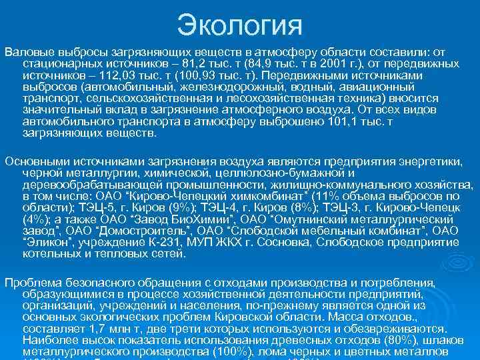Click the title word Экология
[x=240, y=27]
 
